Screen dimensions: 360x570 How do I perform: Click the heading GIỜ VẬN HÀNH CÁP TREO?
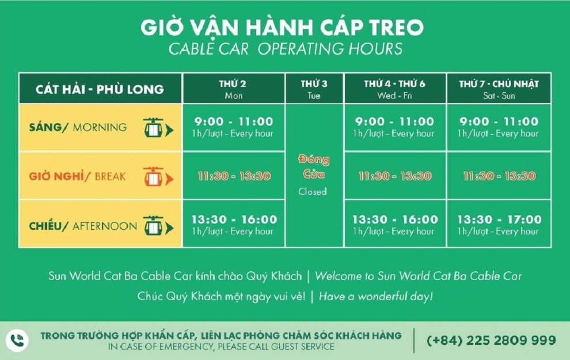pos(282,28)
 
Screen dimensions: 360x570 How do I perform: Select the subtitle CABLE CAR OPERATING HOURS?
pos(285,49)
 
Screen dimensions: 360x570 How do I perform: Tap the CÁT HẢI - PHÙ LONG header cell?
pos(100,89)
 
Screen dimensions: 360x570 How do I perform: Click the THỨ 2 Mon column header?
pos(233,89)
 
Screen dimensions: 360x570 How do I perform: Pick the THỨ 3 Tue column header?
pos(314,89)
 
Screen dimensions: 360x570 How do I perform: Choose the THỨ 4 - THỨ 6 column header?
pos(394,89)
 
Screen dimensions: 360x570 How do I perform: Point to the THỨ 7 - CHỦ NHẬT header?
pos(499,89)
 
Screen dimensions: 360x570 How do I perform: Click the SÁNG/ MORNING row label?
pos(78,127)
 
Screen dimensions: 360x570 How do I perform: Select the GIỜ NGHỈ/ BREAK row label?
pos(77,176)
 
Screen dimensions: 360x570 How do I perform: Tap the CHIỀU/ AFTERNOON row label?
pos(83,226)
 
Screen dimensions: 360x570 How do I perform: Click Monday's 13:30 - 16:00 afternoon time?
pos(234,219)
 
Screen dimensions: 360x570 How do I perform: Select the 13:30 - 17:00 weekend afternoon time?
pos(499,219)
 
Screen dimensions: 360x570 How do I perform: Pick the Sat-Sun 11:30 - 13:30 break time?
pos(499,176)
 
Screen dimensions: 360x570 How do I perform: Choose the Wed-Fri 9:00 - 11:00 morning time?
pos(394,122)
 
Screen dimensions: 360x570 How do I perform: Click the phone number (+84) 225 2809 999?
pos(491,340)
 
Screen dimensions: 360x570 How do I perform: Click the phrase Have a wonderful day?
pos(375,297)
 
